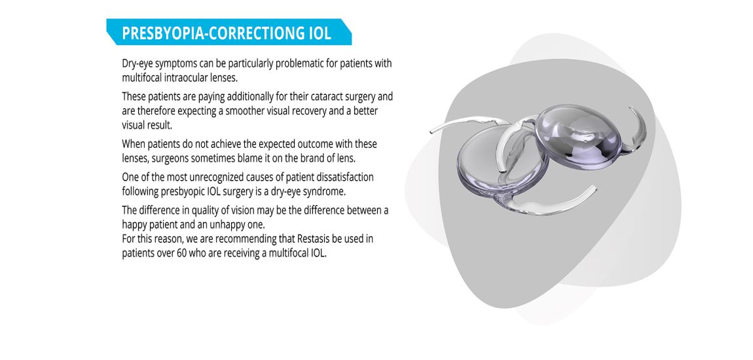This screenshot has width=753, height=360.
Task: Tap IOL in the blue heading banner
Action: pyautogui.click(x=318, y=33)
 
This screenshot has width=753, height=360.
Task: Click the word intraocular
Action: pyautogui.click(x=186, y=77)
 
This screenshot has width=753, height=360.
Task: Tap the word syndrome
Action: pyautogui.click(x=325, y=192)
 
